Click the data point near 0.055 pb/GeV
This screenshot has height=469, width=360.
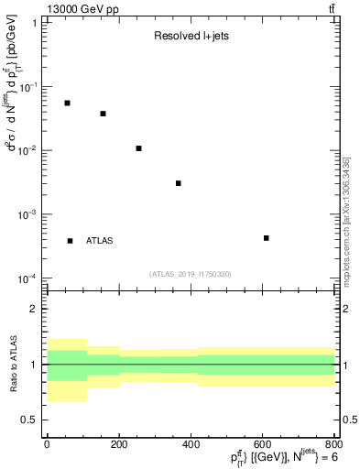click(67, 103)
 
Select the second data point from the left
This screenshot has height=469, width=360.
click(103, 114)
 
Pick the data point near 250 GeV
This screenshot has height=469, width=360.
click(138, 148)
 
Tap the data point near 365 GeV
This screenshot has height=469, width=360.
click(179, 183)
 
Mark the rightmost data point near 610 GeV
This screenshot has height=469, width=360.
click(266, 238)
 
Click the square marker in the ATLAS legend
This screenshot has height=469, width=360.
click(71, 241)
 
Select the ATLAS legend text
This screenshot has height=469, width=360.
click(100, 241)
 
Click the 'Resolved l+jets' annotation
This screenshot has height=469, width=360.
click(184, 37)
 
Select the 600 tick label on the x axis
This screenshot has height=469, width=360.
click(265, 445)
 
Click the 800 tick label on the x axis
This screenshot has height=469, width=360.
click(335, 445)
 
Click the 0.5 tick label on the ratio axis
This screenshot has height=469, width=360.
click(30, 420)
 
